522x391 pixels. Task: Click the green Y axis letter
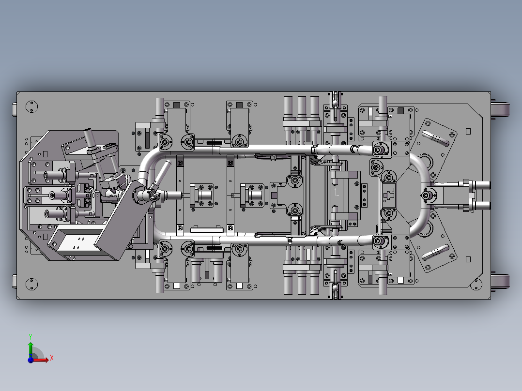pos(31,336)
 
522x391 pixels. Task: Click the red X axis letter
pos(52,358)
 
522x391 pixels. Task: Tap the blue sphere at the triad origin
pos(31,360)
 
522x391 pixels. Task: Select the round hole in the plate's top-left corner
pos(31,107)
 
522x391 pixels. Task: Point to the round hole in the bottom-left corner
pos(31,284)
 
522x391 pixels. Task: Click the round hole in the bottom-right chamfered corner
pos(476,284)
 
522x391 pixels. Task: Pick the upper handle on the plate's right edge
pos(500,109)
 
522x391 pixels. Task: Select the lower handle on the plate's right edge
pos(500,282)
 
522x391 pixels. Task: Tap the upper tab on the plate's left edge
pos(15,109)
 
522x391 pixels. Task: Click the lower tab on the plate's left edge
pos(15,282)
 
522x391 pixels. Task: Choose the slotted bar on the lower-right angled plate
pos(435,253)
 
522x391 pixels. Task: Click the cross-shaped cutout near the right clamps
pos(388,195)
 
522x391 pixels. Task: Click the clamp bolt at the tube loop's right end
pos(428,195)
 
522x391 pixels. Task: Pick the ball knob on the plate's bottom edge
pos(335,287)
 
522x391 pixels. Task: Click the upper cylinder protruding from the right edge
pos(481,185)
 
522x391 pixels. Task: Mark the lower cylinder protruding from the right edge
pos(481,205)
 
